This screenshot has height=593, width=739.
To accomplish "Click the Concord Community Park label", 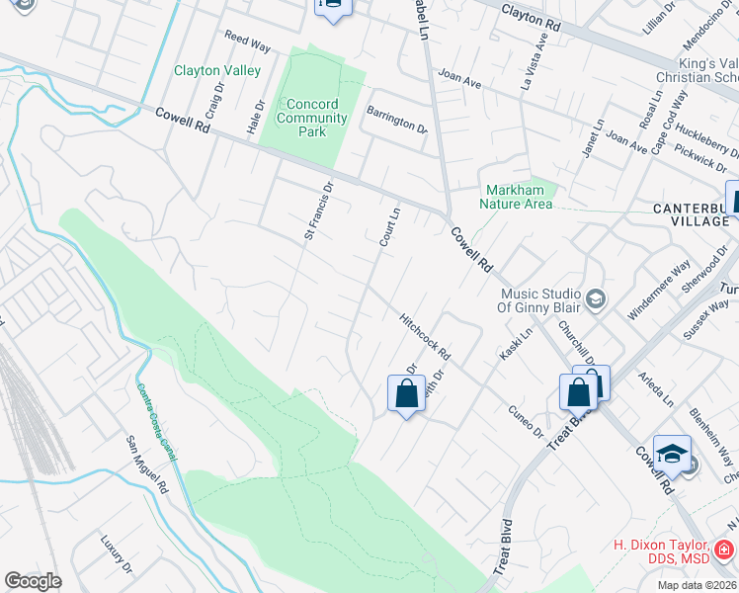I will [x=312, y=118].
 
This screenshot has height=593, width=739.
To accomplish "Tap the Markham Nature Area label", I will [x=516, y=197].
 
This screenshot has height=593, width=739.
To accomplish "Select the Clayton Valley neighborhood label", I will [x=217, y=70].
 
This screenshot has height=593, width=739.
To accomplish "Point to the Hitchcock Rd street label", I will [x=425, y=336].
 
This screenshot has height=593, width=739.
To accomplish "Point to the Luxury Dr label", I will [x=117, y=554].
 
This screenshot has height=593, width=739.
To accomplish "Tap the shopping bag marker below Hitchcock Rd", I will [x=406, y=394].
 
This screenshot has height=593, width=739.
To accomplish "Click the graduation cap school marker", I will [x=671, y=453].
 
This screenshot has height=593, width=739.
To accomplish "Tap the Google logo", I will [x=34, y=580].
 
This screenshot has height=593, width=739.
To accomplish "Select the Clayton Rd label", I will [x=537, y=14].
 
